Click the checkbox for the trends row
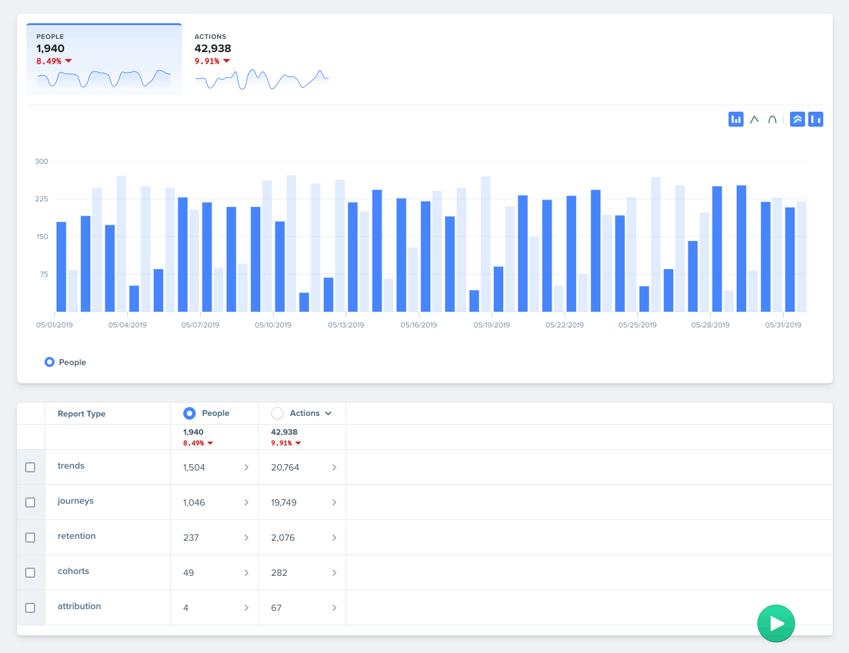[x=30, y=467]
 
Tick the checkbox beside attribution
[x=30, y=608]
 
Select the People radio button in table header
[x=190, y=413]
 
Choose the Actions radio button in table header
[x=277, y=413]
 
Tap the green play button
[x=776, y=624]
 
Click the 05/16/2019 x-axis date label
[x=419, y=325]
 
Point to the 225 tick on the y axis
[x=41, y=199]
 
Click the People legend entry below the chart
[x=66, y=363]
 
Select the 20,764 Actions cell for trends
[x=285, y=467]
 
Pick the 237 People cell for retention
[x=191, y=538]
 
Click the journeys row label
[x=75, y=501]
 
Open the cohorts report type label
[x=73, y=571]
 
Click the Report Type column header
[x=82, y=414]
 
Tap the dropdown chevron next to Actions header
[x=328, y=413]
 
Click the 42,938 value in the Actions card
[x=213, y=48]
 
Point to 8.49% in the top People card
[x=49, y=61]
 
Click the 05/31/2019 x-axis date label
[x=782, y=325]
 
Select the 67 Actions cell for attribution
[x=276, y=608]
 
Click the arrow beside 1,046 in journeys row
[x=246, y=502]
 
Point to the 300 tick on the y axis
[x=41, y=161]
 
